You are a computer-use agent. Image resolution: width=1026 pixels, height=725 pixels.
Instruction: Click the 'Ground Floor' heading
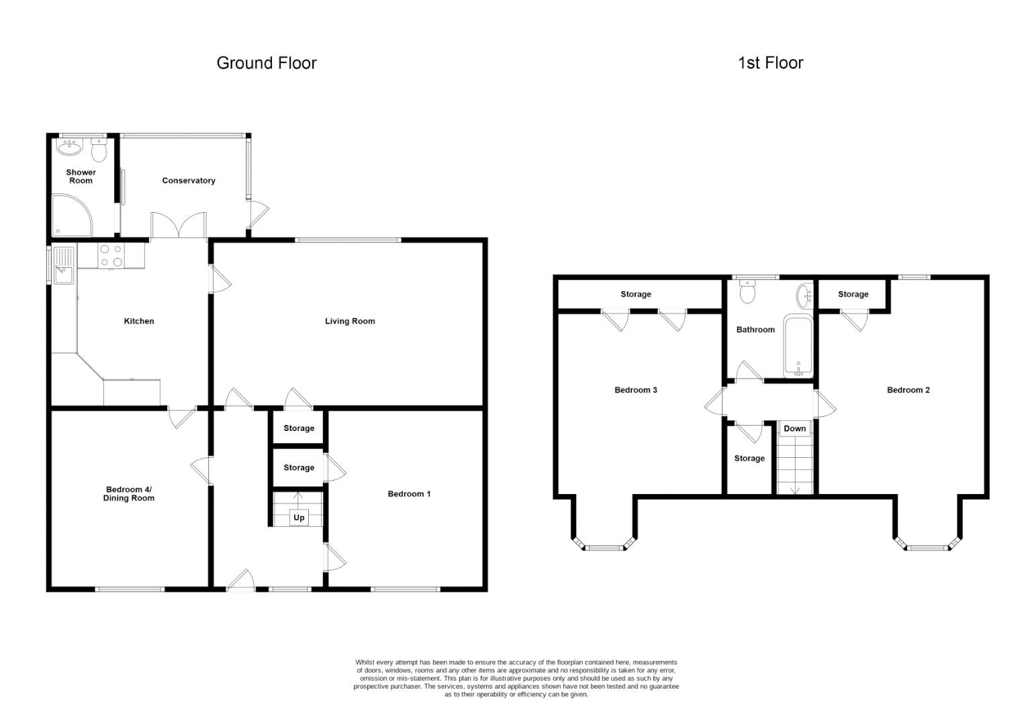[266, 63]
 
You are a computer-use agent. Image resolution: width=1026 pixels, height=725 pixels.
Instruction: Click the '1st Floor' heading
[770, 63]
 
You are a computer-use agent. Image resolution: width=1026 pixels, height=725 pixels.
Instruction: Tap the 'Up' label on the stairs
[299, 518]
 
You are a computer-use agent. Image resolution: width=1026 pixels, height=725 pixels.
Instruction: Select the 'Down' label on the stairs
[795, 429]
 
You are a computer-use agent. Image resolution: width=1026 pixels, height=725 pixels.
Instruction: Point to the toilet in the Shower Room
[99, 150]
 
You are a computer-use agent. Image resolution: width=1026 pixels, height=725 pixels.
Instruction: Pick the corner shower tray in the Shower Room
[72, 215]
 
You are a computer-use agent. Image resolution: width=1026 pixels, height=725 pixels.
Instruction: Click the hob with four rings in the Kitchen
[111, 256]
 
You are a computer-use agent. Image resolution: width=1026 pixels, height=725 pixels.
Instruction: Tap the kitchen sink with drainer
[64, 265]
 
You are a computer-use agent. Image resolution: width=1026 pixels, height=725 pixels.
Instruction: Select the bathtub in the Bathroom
[798, 345]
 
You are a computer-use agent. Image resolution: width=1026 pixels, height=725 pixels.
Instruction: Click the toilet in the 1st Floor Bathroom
[747, 291]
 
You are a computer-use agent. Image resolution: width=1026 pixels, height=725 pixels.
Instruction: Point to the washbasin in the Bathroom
[804, 296]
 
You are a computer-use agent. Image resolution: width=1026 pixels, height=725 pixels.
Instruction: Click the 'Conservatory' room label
[189, 181]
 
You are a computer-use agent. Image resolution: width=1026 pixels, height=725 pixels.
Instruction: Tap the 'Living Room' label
[350, 322]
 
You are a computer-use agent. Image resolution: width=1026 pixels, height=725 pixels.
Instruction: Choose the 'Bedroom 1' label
[409, 494]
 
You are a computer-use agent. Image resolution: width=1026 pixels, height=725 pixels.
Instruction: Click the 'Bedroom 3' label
[636, 390]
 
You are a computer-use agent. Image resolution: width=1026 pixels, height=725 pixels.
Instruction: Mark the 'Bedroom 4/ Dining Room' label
[129, 494]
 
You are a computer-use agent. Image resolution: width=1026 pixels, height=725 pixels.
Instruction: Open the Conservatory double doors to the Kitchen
[179, 225]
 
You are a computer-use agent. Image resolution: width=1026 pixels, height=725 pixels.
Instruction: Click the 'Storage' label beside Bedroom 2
[853, 295]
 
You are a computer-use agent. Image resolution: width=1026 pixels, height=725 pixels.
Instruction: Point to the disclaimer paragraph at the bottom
[516, 678]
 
